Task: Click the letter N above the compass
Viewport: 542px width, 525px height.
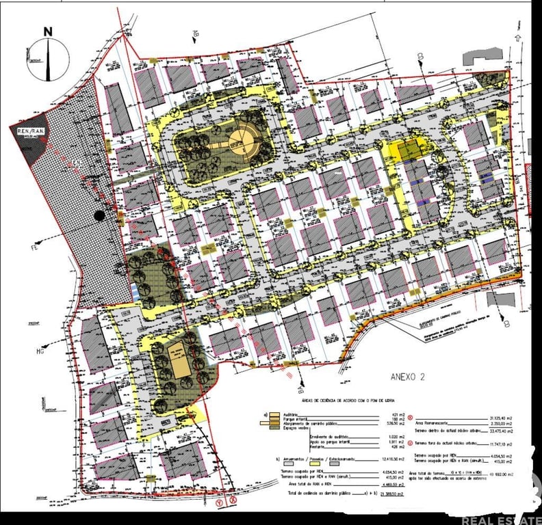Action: pos(48,31)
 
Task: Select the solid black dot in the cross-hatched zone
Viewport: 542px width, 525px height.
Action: pos(100,216)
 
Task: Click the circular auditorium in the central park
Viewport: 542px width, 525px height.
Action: pos(241,140)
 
